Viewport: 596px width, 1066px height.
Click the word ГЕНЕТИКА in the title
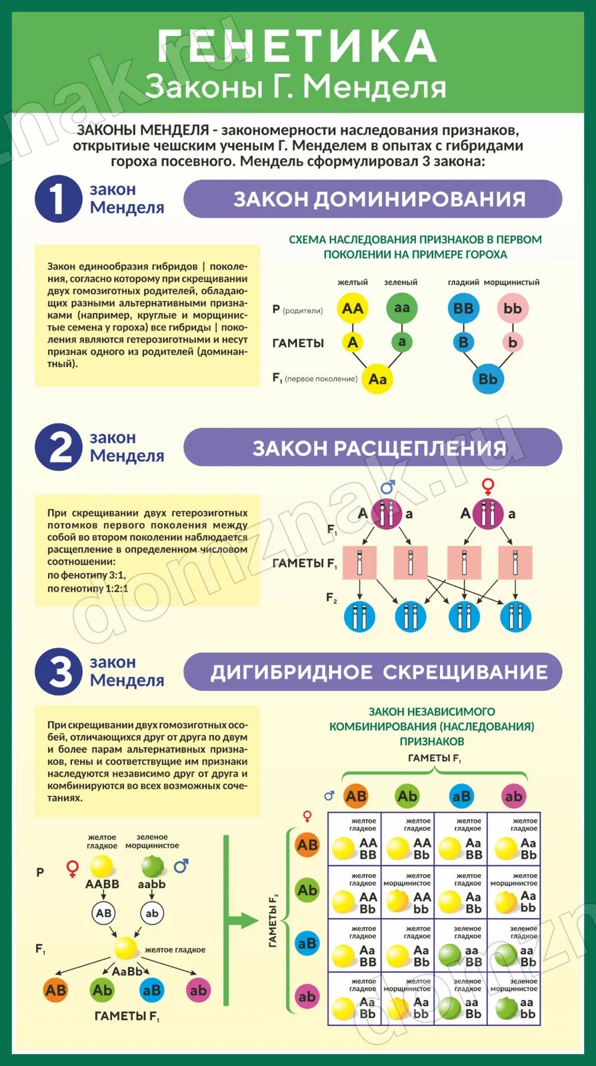point(297,47)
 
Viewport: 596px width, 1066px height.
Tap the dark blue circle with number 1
point(58,199)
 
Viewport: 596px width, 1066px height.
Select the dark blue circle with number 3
point(58,671)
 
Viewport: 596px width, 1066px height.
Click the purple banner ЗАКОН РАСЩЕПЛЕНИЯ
point(373,447)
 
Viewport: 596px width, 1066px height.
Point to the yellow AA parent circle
point(352,308)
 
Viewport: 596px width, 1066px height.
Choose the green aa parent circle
point(401,308)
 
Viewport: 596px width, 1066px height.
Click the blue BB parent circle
point(463,308)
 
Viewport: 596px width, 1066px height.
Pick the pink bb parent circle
point(512,308)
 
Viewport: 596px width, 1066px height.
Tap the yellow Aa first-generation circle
point(377,379)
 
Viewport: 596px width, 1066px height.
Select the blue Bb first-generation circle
point(488,379)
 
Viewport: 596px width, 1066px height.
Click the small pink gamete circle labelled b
point(512,342)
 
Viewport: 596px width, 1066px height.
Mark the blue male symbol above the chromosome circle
point(387,486)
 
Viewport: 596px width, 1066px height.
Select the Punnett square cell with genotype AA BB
point(354,839)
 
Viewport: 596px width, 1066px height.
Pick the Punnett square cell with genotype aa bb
point(514,999)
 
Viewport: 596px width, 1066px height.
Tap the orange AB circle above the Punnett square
point(355,796)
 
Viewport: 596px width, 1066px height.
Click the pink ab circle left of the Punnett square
point(307,997)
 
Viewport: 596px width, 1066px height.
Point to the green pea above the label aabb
point(153,867)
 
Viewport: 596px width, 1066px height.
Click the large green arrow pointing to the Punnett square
point(240,921)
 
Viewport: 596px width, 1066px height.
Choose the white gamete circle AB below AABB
point(103,913)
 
